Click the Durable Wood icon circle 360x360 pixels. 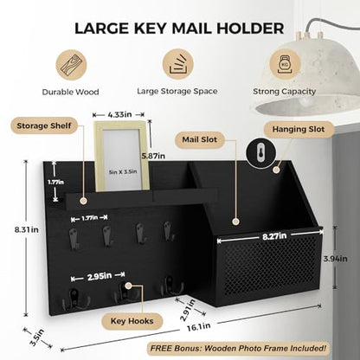click(x=71, y=65)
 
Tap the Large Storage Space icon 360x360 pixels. click(x=178, y=64)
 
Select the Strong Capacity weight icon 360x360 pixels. click(x=285, y=64)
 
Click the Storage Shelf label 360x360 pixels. click(x=44, y=125)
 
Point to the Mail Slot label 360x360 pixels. click(x=200, y=139)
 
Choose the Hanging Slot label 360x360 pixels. click(x=299, y=129)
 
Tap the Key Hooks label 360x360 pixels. click(x=132, y=321)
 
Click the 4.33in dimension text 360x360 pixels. click(x=119, y=114)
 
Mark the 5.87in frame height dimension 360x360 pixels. click(x=153, y=156)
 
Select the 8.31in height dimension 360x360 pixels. click(x=27, y=230)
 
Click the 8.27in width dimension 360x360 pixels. click(x=274, y=236)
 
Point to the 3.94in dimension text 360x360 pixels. click(x=335, y=259)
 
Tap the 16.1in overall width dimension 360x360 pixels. click(x=199, y=327)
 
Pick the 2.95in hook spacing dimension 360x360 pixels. click(x=100, y=277)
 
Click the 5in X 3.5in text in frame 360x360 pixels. click(x=123, y=172)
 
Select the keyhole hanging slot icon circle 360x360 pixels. click(x=260, y=153)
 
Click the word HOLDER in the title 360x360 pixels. click(x=250, y=29)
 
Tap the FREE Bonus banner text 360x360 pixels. click(x=238, y=348)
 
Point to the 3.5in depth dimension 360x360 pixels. click(x=37, y=337)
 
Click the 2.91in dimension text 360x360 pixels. click(x=188, y=310)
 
